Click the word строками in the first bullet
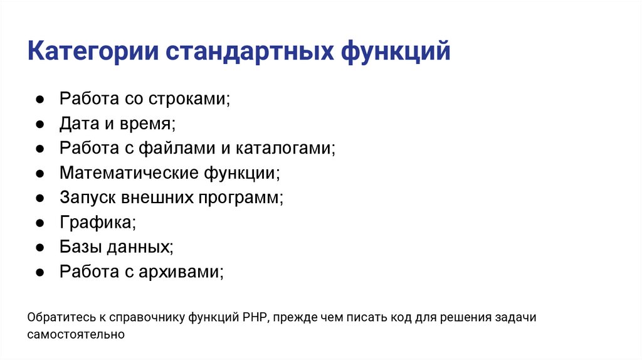pos(189,100)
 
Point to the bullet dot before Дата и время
pos(39,124)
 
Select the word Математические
pos(129,173)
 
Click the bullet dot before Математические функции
pos(39,173)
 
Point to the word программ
pos(241,198)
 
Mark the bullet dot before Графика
pos(39,222)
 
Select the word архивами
pos(185,272)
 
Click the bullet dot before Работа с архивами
pos(39,272)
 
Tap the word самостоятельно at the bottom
pos(76,335)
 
